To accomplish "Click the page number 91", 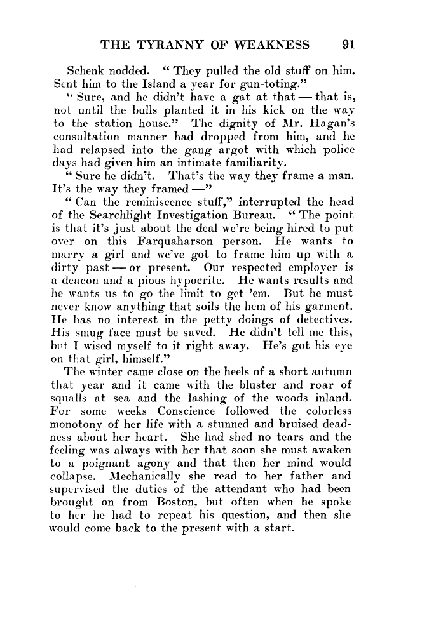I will click(x=348, y=44).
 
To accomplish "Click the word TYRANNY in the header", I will click(x=158, y=44).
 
